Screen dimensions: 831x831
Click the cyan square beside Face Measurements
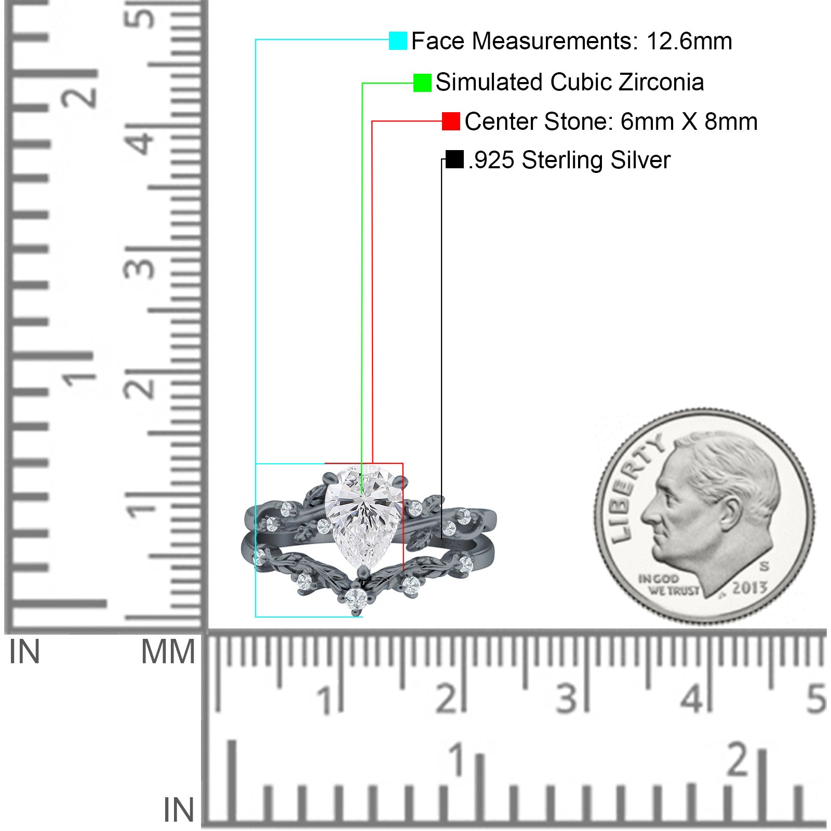(398, 41)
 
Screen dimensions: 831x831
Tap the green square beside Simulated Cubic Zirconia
(422, 83)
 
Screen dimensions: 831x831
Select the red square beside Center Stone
(451, 122)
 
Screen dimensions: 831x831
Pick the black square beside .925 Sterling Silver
(454, 159)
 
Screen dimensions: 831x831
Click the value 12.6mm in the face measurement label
(689, 41)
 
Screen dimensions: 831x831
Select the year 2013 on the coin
(749, 587)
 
